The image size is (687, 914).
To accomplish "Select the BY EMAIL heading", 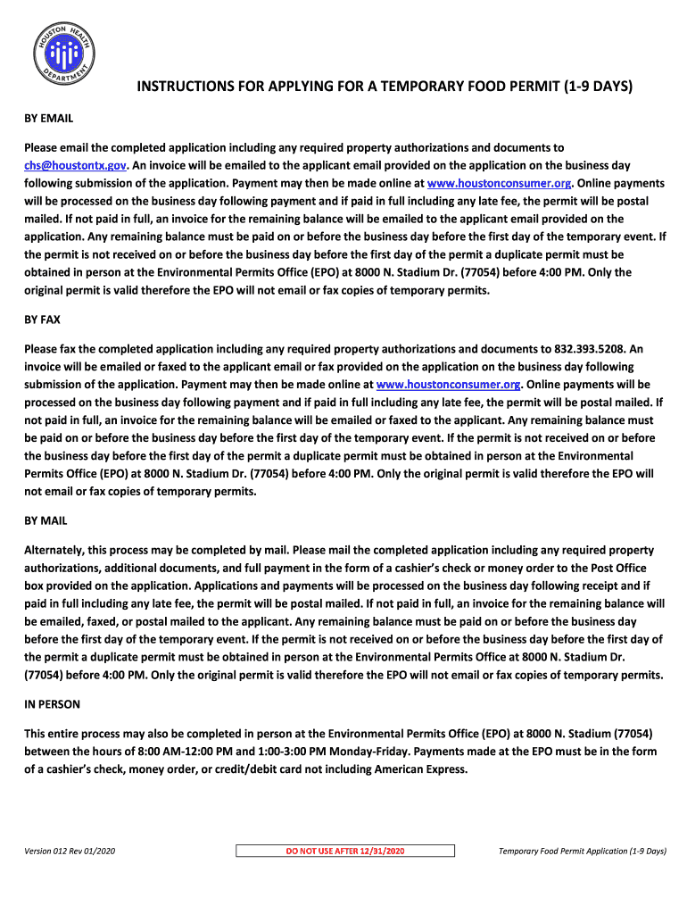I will point(48,118).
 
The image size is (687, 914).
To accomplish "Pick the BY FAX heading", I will point(42,319).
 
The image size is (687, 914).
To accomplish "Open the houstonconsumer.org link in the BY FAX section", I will point(449,385).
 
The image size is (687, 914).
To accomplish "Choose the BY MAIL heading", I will point(46,520).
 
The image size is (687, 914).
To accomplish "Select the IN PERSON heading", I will point(52,704).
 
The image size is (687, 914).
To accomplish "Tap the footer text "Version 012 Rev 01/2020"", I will point(70,851).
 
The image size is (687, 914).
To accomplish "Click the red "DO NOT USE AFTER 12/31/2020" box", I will point(345,852).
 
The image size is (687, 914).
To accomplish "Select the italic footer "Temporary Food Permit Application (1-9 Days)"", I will point(583,851).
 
